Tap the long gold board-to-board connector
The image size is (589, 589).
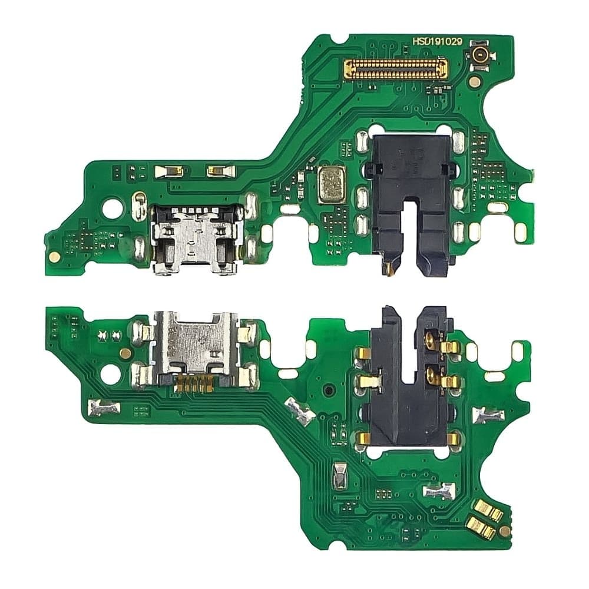pos(395,70)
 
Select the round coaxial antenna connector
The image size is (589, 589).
pos(479,57)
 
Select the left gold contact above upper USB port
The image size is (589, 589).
pos(166,171)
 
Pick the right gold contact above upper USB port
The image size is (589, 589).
pos(219,171)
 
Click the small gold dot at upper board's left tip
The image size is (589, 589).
pos(54,256)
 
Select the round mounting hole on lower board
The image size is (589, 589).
pos(111,373)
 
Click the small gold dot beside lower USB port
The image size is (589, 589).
pos(125,353)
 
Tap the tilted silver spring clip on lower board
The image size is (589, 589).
pos(299,411)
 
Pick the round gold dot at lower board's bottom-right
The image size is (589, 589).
pos(504,531)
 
